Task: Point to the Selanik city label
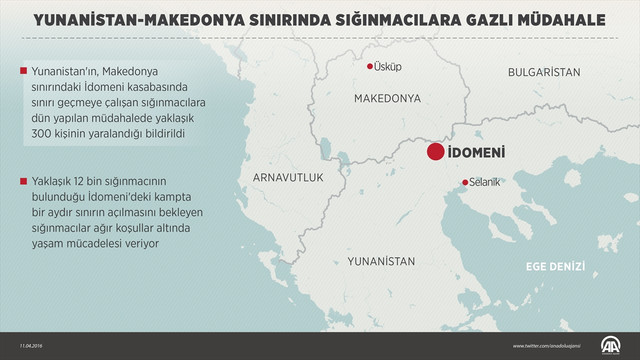(485, 182)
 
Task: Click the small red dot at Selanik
(463, 182)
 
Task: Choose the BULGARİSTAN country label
(544, 73)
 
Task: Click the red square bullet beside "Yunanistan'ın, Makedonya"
(22, 71)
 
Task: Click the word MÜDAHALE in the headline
(522, 18)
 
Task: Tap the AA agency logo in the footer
(610, 345)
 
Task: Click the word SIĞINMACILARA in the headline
(328, 18)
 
